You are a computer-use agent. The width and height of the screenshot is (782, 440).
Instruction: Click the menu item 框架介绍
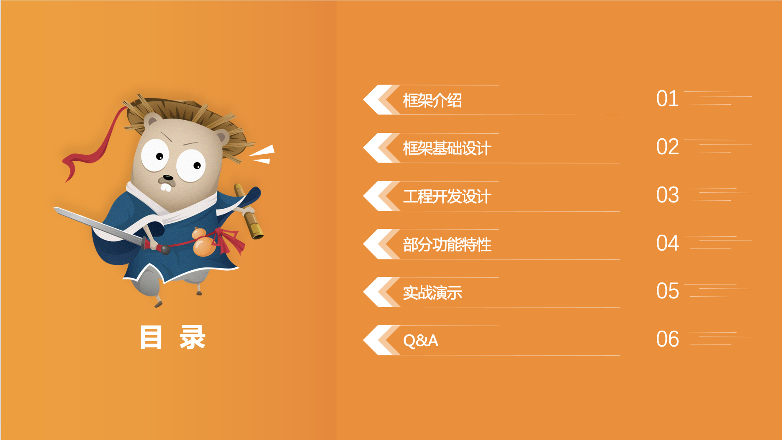coord(432,101)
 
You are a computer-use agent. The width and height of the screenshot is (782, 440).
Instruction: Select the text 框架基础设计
coord(447,148)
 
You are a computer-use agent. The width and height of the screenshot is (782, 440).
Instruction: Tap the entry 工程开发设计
coord(447,197)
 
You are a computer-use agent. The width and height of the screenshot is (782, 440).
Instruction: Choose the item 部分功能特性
coord(447,245)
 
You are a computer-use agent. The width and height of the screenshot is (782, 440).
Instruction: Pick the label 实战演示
coord(432,292)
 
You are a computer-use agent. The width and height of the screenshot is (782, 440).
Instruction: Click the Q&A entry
coord(420,341)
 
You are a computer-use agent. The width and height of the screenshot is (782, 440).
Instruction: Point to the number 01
coord(667,99)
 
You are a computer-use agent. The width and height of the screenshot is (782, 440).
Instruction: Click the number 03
coord(667,195)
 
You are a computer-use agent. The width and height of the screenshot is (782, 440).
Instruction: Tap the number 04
coord(667,243)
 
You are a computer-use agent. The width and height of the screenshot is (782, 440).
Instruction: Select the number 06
coord(667,339)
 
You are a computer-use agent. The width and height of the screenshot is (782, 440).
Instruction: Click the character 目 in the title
coord(151,337)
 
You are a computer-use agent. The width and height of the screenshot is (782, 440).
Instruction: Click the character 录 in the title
coord(193,337)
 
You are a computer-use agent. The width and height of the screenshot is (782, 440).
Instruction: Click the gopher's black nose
coord(168,178)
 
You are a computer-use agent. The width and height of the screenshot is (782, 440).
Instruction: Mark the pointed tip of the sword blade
coord(54,208)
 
